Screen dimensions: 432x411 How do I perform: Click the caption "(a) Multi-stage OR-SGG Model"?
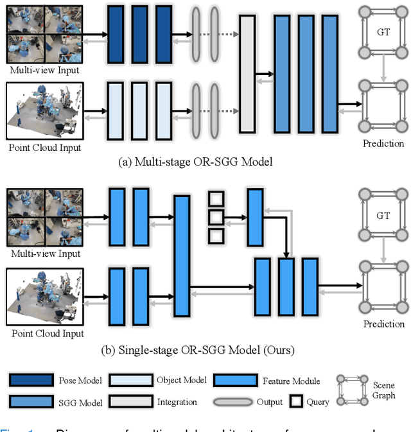click(x=196, y=162)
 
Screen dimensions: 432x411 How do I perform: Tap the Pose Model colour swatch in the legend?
click(x=30, y=381)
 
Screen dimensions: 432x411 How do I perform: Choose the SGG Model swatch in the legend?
click(x=30, y=402)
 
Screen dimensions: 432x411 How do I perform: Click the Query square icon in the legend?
click(x=295, y=402)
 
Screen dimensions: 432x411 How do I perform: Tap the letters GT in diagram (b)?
click(x=383, y=216)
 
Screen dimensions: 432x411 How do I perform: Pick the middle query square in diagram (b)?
click(x=216, y=217)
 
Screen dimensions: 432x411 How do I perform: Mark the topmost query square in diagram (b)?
click(x=216, y=198)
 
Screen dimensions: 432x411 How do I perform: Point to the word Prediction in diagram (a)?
click(x=383, y=143)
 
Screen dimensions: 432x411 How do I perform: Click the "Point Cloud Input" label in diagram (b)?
click(x=45, y=333)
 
